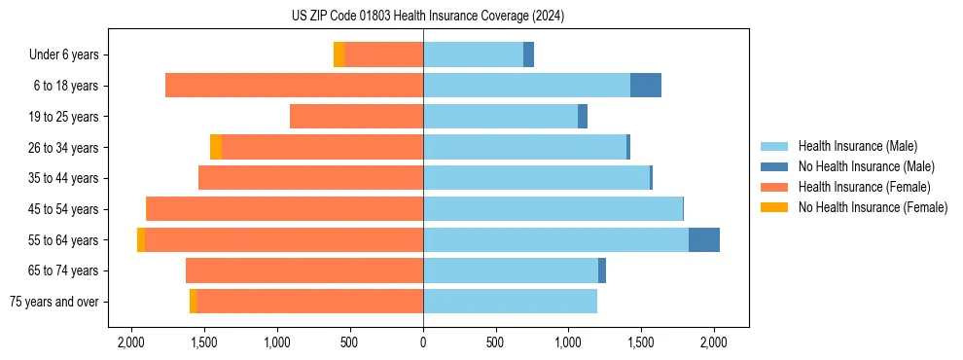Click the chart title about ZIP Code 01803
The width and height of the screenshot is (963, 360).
coord(427,17)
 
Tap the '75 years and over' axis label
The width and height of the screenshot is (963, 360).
coord(54,302)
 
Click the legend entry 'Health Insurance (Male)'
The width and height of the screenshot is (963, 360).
coord(857,146)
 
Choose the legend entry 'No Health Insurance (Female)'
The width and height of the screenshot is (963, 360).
coord(873,207)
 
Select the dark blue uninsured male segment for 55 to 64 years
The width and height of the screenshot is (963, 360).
coord(704,240)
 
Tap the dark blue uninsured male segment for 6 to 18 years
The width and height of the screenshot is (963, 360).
coord(646,86)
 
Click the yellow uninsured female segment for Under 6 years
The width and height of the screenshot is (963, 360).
coord(339,55)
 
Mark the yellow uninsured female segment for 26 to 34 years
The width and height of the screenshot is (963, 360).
coord(216,148)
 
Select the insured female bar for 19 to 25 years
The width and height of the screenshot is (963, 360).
coord(356,117)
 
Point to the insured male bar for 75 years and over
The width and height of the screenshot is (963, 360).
coord(510,302)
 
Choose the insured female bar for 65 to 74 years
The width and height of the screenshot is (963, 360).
coord(303,270)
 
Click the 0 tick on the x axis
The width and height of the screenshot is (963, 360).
coord(423,342)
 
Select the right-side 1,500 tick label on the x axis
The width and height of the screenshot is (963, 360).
coord(641,342)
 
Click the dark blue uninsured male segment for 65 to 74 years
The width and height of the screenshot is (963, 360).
coord(602,270)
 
